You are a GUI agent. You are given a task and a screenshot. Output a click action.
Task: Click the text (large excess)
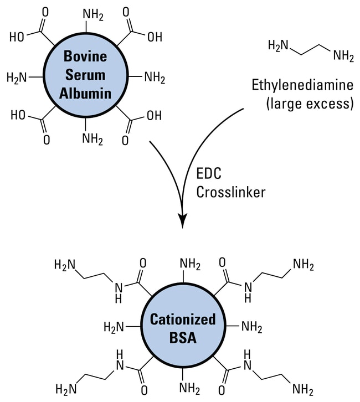point(309,104)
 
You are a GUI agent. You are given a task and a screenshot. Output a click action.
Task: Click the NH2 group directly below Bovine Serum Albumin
point(93,138)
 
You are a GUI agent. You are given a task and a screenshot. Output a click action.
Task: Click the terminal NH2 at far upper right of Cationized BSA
point(302,265)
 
